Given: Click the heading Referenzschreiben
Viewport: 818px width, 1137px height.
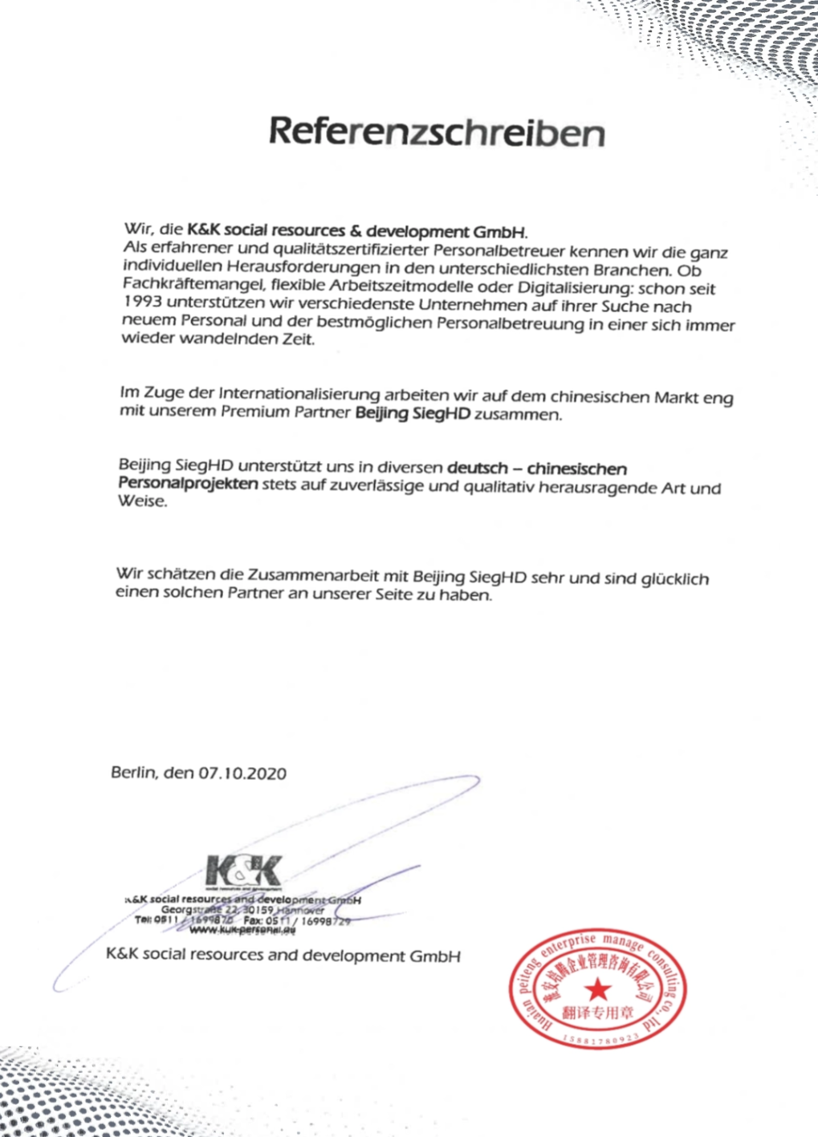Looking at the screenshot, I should pos(437,132).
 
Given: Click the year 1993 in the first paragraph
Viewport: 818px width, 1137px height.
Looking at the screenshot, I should pos(142,302).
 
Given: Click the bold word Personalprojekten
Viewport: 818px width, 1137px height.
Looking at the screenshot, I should pos(188,483).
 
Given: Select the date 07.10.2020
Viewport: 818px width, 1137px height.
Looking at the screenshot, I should pos(242,774).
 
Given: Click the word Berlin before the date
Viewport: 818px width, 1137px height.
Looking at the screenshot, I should pos(132,772).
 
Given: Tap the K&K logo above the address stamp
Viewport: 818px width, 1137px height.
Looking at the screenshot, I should pos(244,871).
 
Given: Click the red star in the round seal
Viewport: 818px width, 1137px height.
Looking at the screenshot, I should pos(596,989).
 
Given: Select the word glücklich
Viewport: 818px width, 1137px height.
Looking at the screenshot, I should pos(674,579).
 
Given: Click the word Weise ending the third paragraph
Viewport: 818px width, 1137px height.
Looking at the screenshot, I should pos(142,501).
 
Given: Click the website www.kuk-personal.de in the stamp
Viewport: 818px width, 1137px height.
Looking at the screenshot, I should pos(242,931).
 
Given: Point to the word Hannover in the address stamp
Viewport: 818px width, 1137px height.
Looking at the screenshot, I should pos(302,911).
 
